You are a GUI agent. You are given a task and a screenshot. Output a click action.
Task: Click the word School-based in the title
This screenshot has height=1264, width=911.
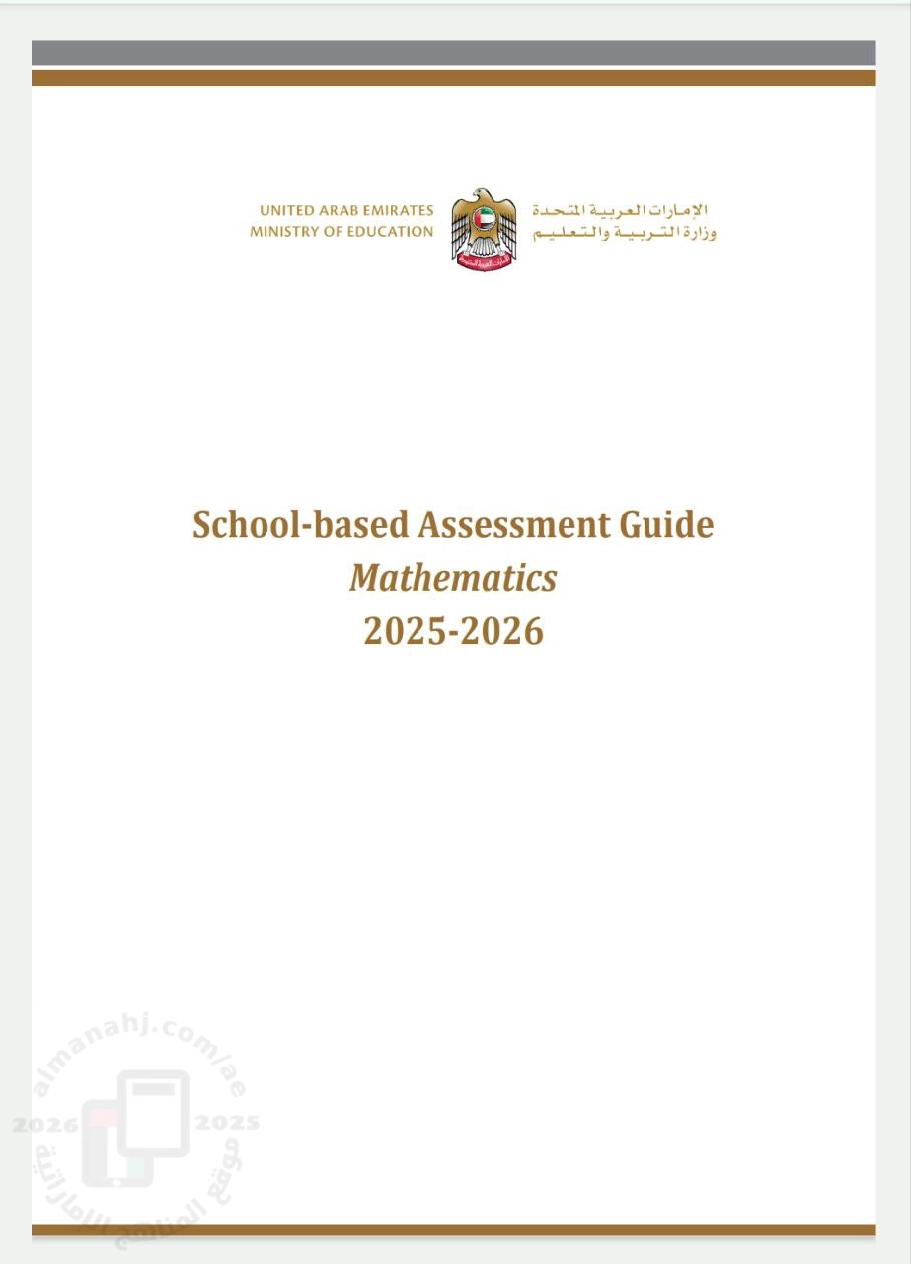pyautogui.click(x=300, y=524)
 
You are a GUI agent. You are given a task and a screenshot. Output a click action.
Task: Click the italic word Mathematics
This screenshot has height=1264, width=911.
pyautogui.click(x=453, y=578)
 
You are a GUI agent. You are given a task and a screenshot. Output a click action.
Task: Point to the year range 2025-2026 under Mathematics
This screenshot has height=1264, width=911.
pyautogui.click(x=453, y=630)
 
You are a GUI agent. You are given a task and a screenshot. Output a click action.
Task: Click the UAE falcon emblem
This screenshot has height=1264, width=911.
pyautogui.click(x=484, y=229)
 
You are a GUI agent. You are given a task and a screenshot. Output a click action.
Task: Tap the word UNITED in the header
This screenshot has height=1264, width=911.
pyautogui.click(x=286, y=211)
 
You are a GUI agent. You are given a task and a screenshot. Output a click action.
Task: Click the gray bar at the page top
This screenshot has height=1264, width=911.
pyautogui.click(x=453, y=53)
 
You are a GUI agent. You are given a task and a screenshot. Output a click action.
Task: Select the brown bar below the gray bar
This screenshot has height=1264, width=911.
pyautogui.click(x=453, y=78)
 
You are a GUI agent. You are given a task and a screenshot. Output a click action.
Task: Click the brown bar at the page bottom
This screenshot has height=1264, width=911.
pyautogui.click(x=453, y=1230)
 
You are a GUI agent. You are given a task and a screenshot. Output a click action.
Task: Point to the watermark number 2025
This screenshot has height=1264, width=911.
pyautogui.click(x=227, y=1123)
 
